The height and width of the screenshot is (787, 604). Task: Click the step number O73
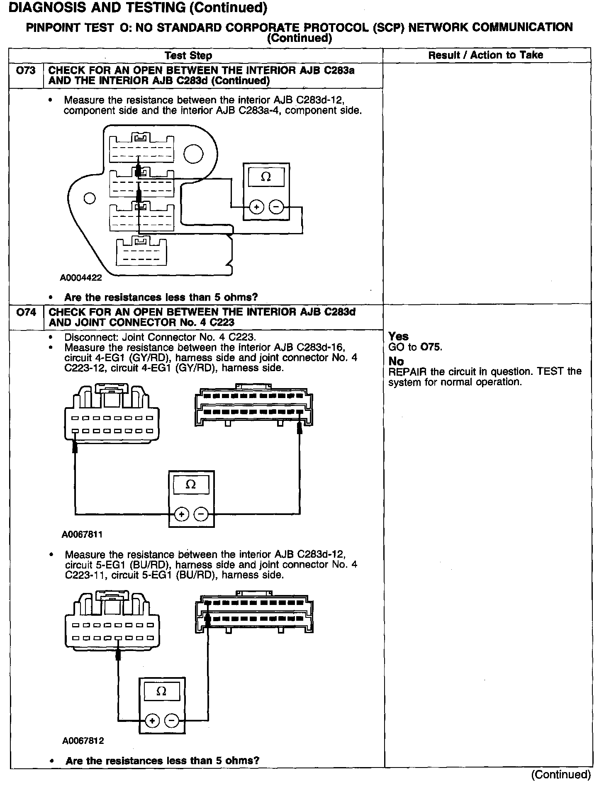tap(26, 70)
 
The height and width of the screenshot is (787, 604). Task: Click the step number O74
tap(26, 313)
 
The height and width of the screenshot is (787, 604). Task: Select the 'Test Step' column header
tap(188, 56)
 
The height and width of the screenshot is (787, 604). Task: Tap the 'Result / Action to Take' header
tap(485, 55)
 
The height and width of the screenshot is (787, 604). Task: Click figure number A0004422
tap(81, 278)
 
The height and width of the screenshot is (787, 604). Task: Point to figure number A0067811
tap(82, 534)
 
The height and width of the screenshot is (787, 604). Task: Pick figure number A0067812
tap(83, 741)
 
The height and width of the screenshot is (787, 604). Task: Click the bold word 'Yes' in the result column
tap(398, 336)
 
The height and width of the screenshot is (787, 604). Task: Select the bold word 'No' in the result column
tap(396, 361)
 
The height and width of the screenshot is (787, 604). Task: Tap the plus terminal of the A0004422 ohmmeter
tap(256, 206)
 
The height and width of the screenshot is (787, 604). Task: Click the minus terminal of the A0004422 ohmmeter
tap(277, 206)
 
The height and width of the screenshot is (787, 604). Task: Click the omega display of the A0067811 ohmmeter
tap(191, 484)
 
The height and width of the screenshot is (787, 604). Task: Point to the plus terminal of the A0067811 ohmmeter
tap(181, 515)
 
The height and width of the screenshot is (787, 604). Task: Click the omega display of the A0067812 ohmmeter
tap(162, 691)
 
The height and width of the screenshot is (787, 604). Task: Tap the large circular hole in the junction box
tap(194, 154)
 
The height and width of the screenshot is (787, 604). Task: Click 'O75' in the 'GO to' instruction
tap(431, 347)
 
